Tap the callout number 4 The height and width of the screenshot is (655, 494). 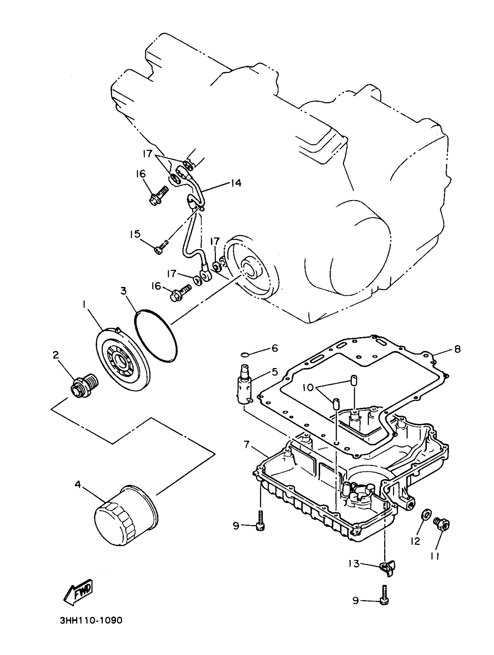tap(78, 484)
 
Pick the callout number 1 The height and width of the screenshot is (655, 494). tap(84, 304)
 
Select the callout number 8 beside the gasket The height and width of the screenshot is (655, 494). tap(458, 349)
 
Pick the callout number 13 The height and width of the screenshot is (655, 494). tap(354, 563)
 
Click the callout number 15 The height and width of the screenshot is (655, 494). tap(135, 234)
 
